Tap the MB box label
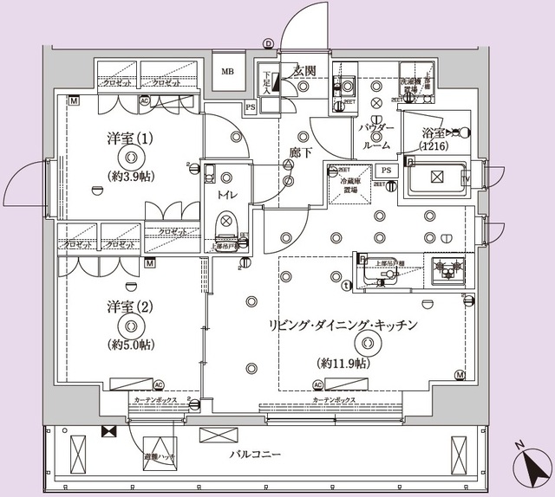(227, 73)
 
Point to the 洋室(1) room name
(130, 138)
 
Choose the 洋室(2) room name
(130, 307)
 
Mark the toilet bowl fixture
(225, 227)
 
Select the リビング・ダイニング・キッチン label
(344, 326)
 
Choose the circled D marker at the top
(267, 42)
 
